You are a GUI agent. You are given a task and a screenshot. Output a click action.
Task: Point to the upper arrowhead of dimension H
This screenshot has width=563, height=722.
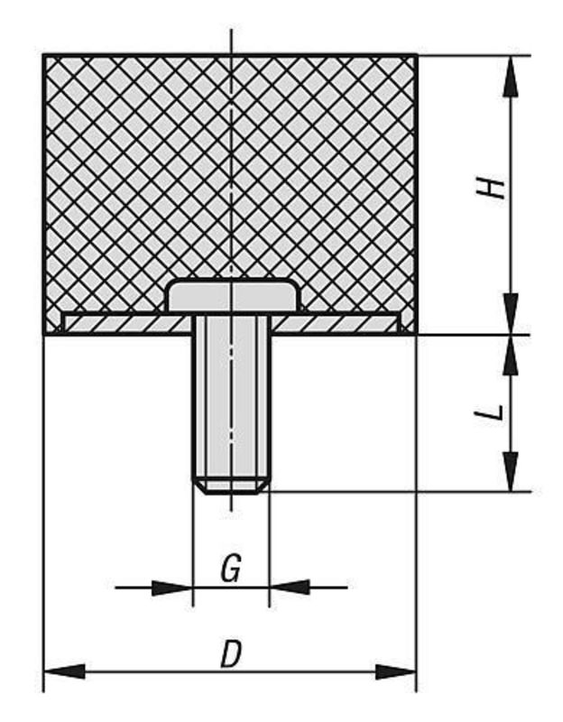coord(510,76)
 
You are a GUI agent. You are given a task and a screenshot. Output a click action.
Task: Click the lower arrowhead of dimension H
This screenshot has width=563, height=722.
coord(510,314)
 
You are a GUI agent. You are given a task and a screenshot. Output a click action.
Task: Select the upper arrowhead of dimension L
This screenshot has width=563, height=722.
coord(510,355)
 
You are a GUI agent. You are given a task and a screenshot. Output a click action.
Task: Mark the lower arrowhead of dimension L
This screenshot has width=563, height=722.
coord(510,471)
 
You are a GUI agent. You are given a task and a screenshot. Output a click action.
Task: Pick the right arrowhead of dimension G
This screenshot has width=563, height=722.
coord(290,588)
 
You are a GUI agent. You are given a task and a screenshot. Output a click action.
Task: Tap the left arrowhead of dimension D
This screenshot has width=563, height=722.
coord(64,671)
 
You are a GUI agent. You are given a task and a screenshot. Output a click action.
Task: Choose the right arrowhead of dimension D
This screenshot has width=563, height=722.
coord(396,671)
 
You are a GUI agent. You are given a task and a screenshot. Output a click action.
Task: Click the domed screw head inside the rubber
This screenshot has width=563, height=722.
coord(232,297)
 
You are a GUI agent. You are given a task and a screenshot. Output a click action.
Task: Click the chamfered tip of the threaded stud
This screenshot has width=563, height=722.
coord(232,486)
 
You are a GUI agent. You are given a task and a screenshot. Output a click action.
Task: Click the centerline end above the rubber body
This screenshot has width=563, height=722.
coord(231,29)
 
